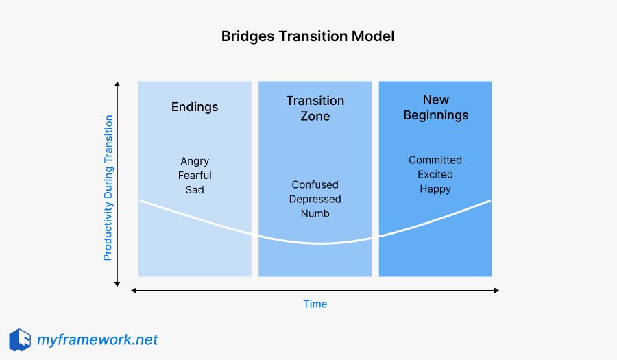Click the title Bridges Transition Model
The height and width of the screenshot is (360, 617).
308,36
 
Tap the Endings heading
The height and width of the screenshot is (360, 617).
195,106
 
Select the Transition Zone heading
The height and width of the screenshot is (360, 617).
315,108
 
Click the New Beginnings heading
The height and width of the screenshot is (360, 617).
435,108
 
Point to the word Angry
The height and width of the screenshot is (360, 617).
195,161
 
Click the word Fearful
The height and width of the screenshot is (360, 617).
195,176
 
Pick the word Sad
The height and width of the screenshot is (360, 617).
195,190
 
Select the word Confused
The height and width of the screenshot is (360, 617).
315,184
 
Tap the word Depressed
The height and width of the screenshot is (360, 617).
315,199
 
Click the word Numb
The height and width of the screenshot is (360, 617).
315,213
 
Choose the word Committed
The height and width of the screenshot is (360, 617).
435,160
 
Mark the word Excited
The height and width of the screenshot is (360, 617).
435,174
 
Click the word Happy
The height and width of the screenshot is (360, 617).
435,189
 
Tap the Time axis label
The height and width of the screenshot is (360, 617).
315,304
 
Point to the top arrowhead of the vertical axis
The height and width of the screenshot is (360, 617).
118,85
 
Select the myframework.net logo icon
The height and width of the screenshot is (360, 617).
20,339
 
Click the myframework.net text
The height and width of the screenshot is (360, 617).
97,339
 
